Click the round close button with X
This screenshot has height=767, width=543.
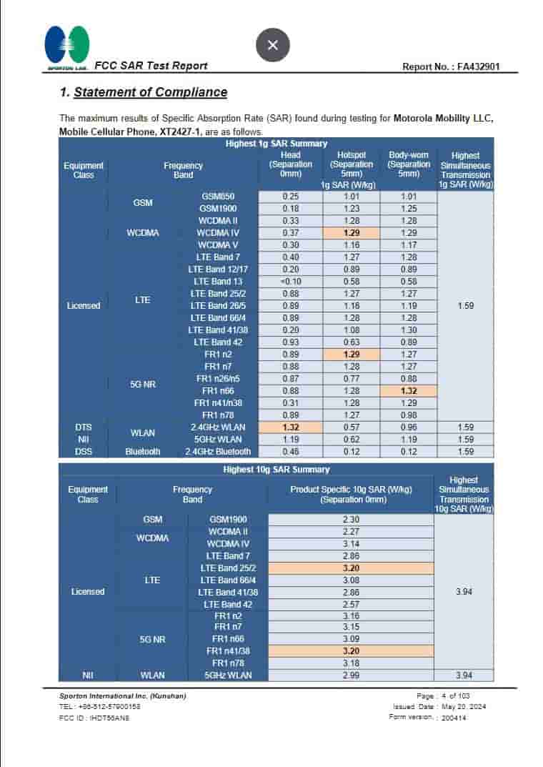(272, 45)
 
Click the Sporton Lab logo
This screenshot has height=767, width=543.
(67, 46)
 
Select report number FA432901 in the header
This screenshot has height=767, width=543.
(451, 66)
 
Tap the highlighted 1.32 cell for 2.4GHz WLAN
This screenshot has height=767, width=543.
(291, 427)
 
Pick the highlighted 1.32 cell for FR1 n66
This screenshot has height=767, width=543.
(408, 391)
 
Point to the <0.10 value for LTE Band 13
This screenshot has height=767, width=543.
(291, 282)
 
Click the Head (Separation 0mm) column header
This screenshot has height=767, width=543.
(291, 164)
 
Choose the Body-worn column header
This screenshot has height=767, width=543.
(408, 164)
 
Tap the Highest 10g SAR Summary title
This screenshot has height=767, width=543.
(277, 470)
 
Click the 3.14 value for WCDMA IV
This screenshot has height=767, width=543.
(351, 544)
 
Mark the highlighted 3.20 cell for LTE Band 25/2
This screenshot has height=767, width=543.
(351, 568)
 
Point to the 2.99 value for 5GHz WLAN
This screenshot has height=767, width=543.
(351, 675)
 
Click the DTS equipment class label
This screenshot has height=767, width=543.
(84, 427)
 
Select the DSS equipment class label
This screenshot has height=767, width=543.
(84, 452)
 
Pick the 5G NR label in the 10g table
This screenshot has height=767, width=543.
(152, 639)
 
